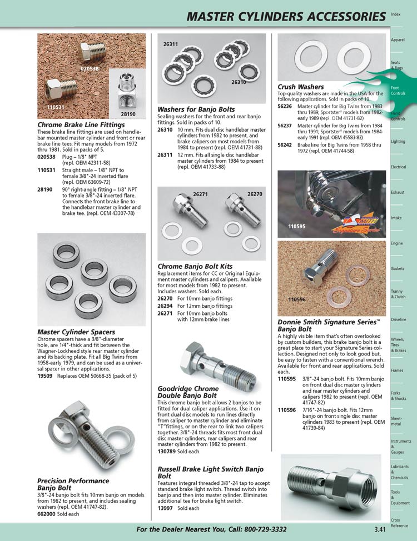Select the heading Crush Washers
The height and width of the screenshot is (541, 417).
300,87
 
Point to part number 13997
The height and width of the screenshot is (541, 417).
165,508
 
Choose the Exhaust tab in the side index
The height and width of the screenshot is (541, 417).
397,192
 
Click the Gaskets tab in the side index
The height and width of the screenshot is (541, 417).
397,269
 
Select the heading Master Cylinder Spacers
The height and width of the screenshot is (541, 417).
76,332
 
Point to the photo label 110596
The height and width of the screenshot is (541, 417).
297,300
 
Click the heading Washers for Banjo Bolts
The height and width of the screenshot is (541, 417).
196,109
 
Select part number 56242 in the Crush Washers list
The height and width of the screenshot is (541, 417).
285,144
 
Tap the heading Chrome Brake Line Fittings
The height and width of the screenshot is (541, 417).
81,125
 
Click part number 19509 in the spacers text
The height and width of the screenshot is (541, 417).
45,375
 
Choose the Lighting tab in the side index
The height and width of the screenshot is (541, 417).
398,142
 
